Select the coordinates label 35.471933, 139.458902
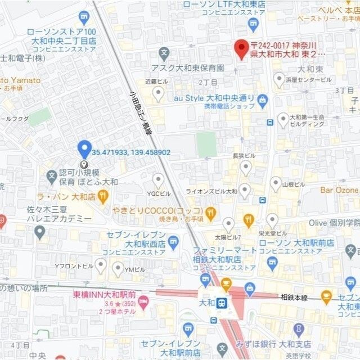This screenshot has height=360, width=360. click(x=131, y=152)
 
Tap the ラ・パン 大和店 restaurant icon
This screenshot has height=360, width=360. click(x=102, y=196)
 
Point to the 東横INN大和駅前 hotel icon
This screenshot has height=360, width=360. click(x=143, y=304)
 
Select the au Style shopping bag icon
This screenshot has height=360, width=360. click(x=262, y=100)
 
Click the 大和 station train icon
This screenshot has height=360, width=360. click(x=223, y=303)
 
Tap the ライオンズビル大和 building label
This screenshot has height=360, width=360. click(x=211, y=191)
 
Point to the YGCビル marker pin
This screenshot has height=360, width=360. click(x=159, y=180)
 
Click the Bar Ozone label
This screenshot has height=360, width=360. click(x=339, y=190)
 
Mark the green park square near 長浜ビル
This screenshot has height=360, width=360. click(x=206, y=144)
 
